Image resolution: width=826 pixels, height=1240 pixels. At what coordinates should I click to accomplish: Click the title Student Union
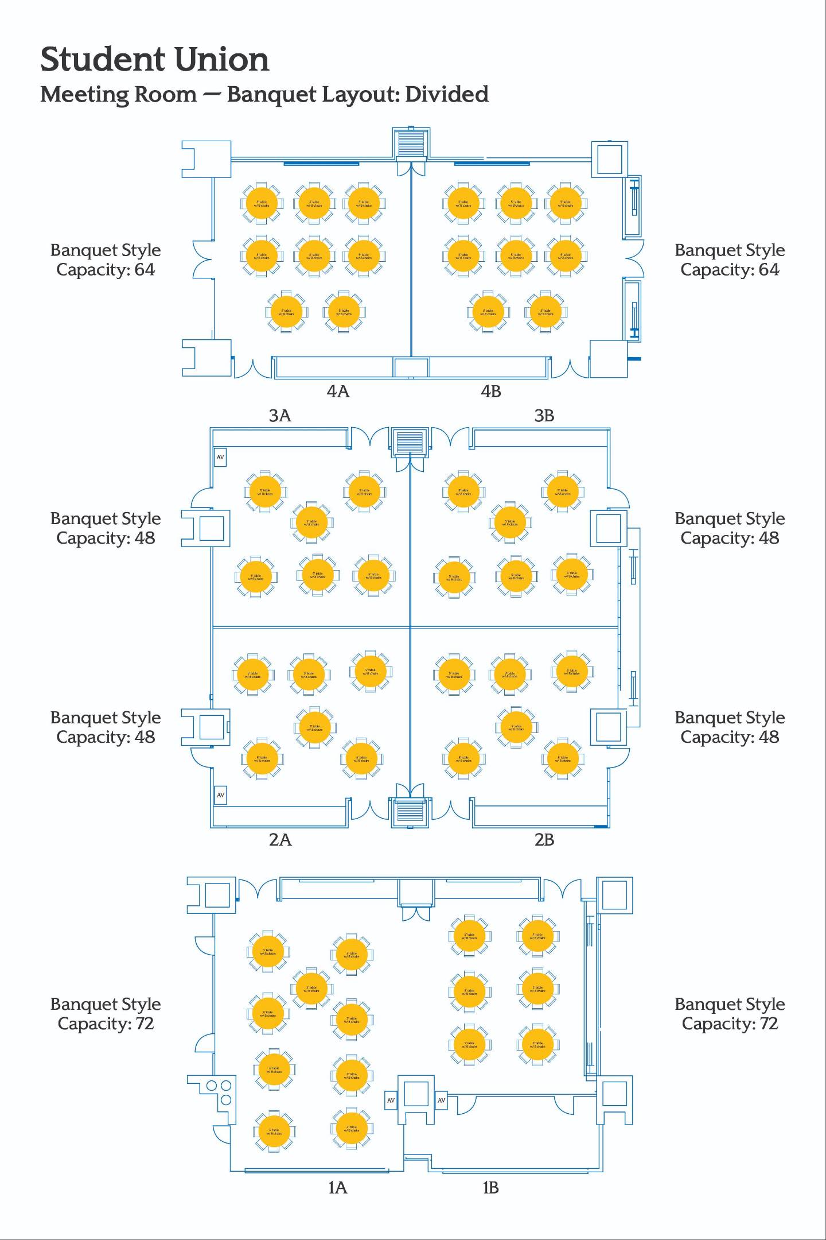pos(154,60)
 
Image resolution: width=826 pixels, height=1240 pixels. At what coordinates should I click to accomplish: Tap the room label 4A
pos(338,392)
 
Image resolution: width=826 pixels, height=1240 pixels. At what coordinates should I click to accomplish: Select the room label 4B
pos(491,392)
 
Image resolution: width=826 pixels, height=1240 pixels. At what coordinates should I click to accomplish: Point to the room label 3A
pos(280,416)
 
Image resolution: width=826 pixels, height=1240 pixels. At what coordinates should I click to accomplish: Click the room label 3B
pos(544,416)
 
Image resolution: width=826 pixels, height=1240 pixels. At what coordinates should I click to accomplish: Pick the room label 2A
pos(280,840)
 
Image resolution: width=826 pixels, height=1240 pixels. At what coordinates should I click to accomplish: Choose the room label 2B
pos(544,840)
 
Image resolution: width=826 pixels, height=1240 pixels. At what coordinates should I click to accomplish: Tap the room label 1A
pos(338,1187)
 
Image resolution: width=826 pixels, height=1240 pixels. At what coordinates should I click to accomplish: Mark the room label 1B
pos(491,1187)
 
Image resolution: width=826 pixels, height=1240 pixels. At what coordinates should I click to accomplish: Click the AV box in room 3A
pos(220,458)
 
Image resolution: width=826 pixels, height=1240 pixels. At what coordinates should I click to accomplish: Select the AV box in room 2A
pos(220,795)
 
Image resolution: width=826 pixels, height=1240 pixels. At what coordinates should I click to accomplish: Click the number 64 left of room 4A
pos(145,270)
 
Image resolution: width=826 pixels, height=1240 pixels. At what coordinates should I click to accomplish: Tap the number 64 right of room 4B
pos(769,270)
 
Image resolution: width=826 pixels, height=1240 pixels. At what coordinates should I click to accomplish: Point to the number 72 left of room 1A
pos(144,1024)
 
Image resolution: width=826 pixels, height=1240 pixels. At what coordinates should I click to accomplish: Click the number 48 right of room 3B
pos(769,538)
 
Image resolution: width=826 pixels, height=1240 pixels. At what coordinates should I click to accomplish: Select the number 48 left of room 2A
pos(145,737)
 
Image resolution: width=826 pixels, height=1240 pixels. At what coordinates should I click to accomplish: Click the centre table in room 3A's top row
pos(311,522)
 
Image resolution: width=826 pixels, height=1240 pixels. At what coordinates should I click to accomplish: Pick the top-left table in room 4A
pos(261,203)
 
